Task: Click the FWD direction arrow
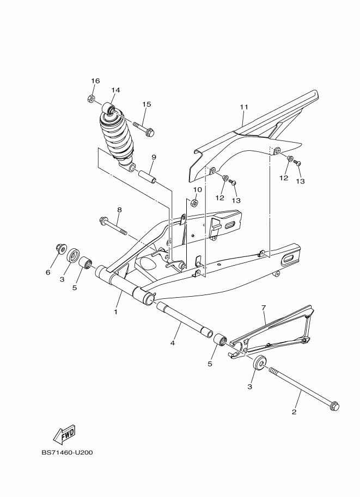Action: click(x=64, y=433)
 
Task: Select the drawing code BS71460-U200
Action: click(x=66, y=452)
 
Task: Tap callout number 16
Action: click(x=95, y=81)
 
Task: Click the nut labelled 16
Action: click(x=91, y=99)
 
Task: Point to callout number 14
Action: click(x=115, y=90)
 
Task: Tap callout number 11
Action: click(x=243, y=107)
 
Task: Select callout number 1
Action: click(x=115, y=312)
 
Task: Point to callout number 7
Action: click(x=264, y=308)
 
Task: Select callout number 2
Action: click(x=294, y=412)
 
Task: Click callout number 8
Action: click(x=119, y=210)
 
